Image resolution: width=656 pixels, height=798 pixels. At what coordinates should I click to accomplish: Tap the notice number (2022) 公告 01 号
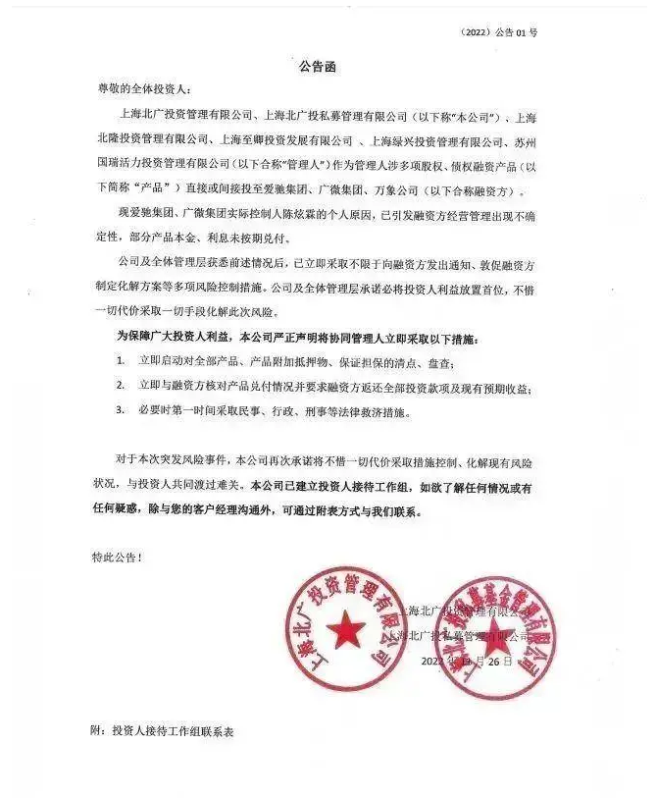[498, 32]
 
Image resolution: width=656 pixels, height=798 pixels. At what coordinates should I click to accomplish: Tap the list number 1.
[120, 361]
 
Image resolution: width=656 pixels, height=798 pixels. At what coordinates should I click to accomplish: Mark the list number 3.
[120, 410]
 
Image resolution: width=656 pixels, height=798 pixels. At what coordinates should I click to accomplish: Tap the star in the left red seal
[346, 629]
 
